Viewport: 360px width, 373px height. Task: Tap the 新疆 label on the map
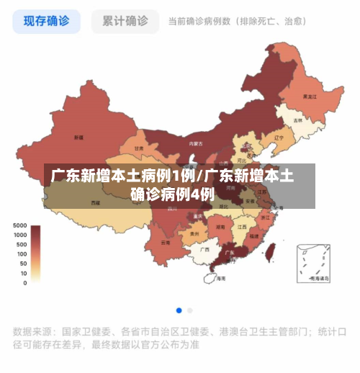point(78,137)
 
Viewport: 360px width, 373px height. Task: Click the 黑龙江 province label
point(310,96)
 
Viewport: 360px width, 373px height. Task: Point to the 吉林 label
point(298,120)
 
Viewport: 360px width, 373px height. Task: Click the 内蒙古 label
point(195,143)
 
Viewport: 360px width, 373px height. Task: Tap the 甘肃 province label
point(138,148)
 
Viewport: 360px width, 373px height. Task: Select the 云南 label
point(166,243)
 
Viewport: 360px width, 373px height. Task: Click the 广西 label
point(204,249)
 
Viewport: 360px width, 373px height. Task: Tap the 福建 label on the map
point(254,235)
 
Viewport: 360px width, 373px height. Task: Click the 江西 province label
point(242,225)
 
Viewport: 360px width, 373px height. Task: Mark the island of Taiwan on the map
point(271,250)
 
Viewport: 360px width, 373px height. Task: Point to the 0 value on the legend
point(24,283)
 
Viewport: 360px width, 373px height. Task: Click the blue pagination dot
point(179,310)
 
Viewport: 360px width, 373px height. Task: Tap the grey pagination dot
point(190,310)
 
